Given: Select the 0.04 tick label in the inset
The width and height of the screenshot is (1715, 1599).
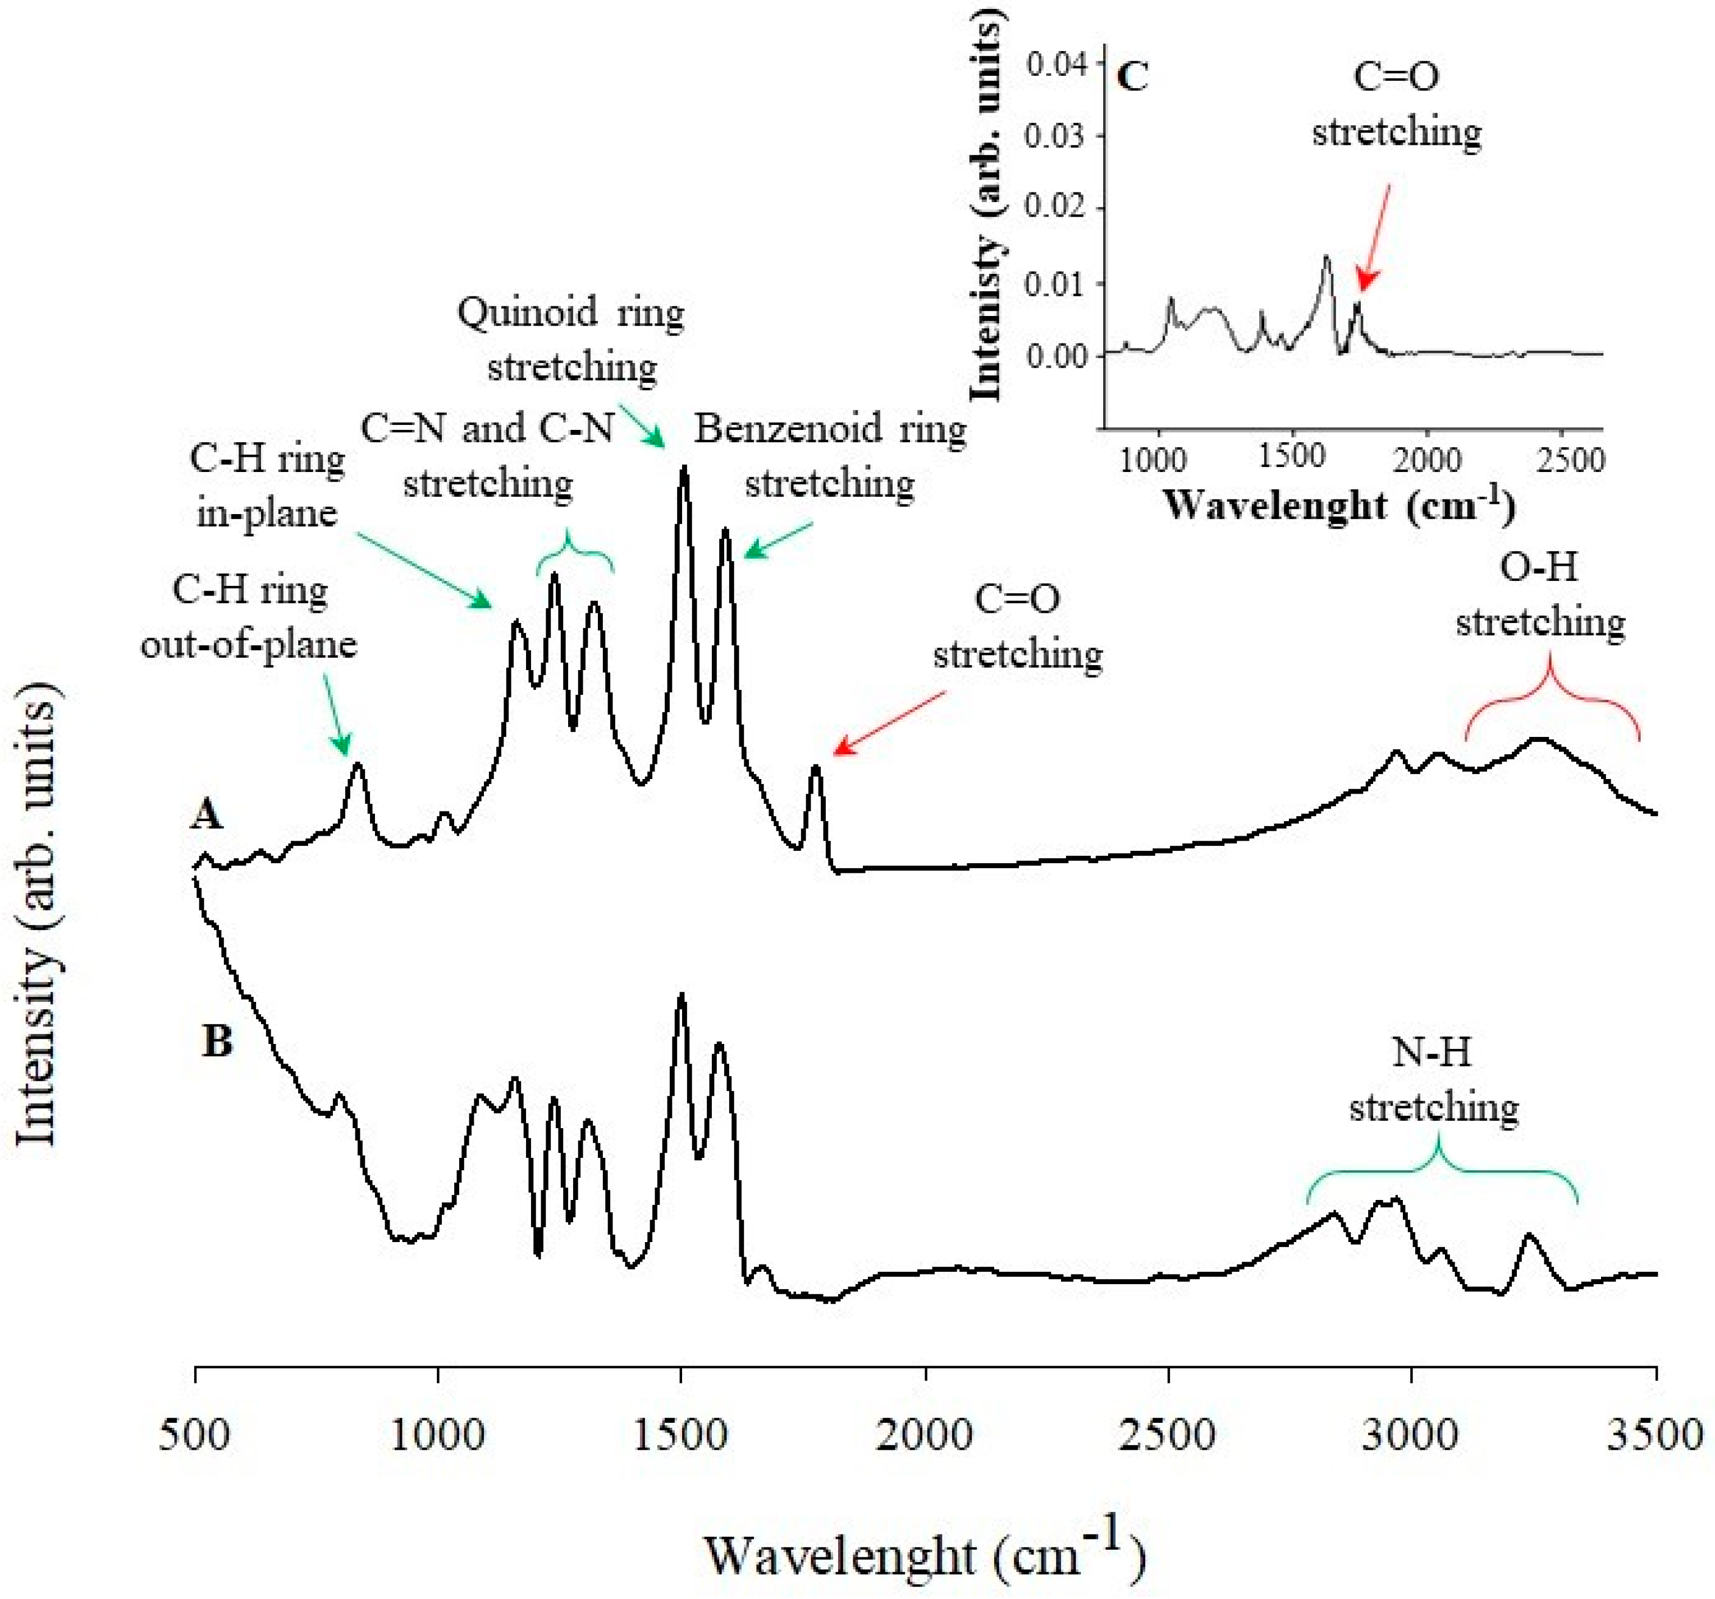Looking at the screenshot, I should (1056, 64).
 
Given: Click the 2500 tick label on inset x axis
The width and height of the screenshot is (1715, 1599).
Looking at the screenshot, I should (1568, 459).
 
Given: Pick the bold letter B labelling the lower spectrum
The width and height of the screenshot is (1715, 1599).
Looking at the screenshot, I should (217, 1041).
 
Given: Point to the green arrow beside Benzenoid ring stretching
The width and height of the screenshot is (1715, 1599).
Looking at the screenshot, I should (778, 539).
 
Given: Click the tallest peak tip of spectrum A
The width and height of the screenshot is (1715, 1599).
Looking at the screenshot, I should (684, 468).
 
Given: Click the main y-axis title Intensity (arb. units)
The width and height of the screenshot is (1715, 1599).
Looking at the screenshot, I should (36, 914).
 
